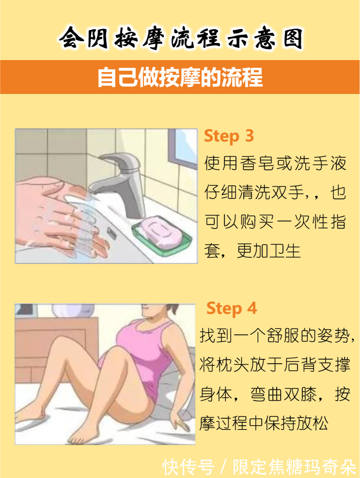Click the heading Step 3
pos(229,136)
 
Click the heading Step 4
pos(232,308)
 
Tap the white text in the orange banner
pos(180,77)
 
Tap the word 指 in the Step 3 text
pos(339,222)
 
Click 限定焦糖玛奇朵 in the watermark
pos(294,467)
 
